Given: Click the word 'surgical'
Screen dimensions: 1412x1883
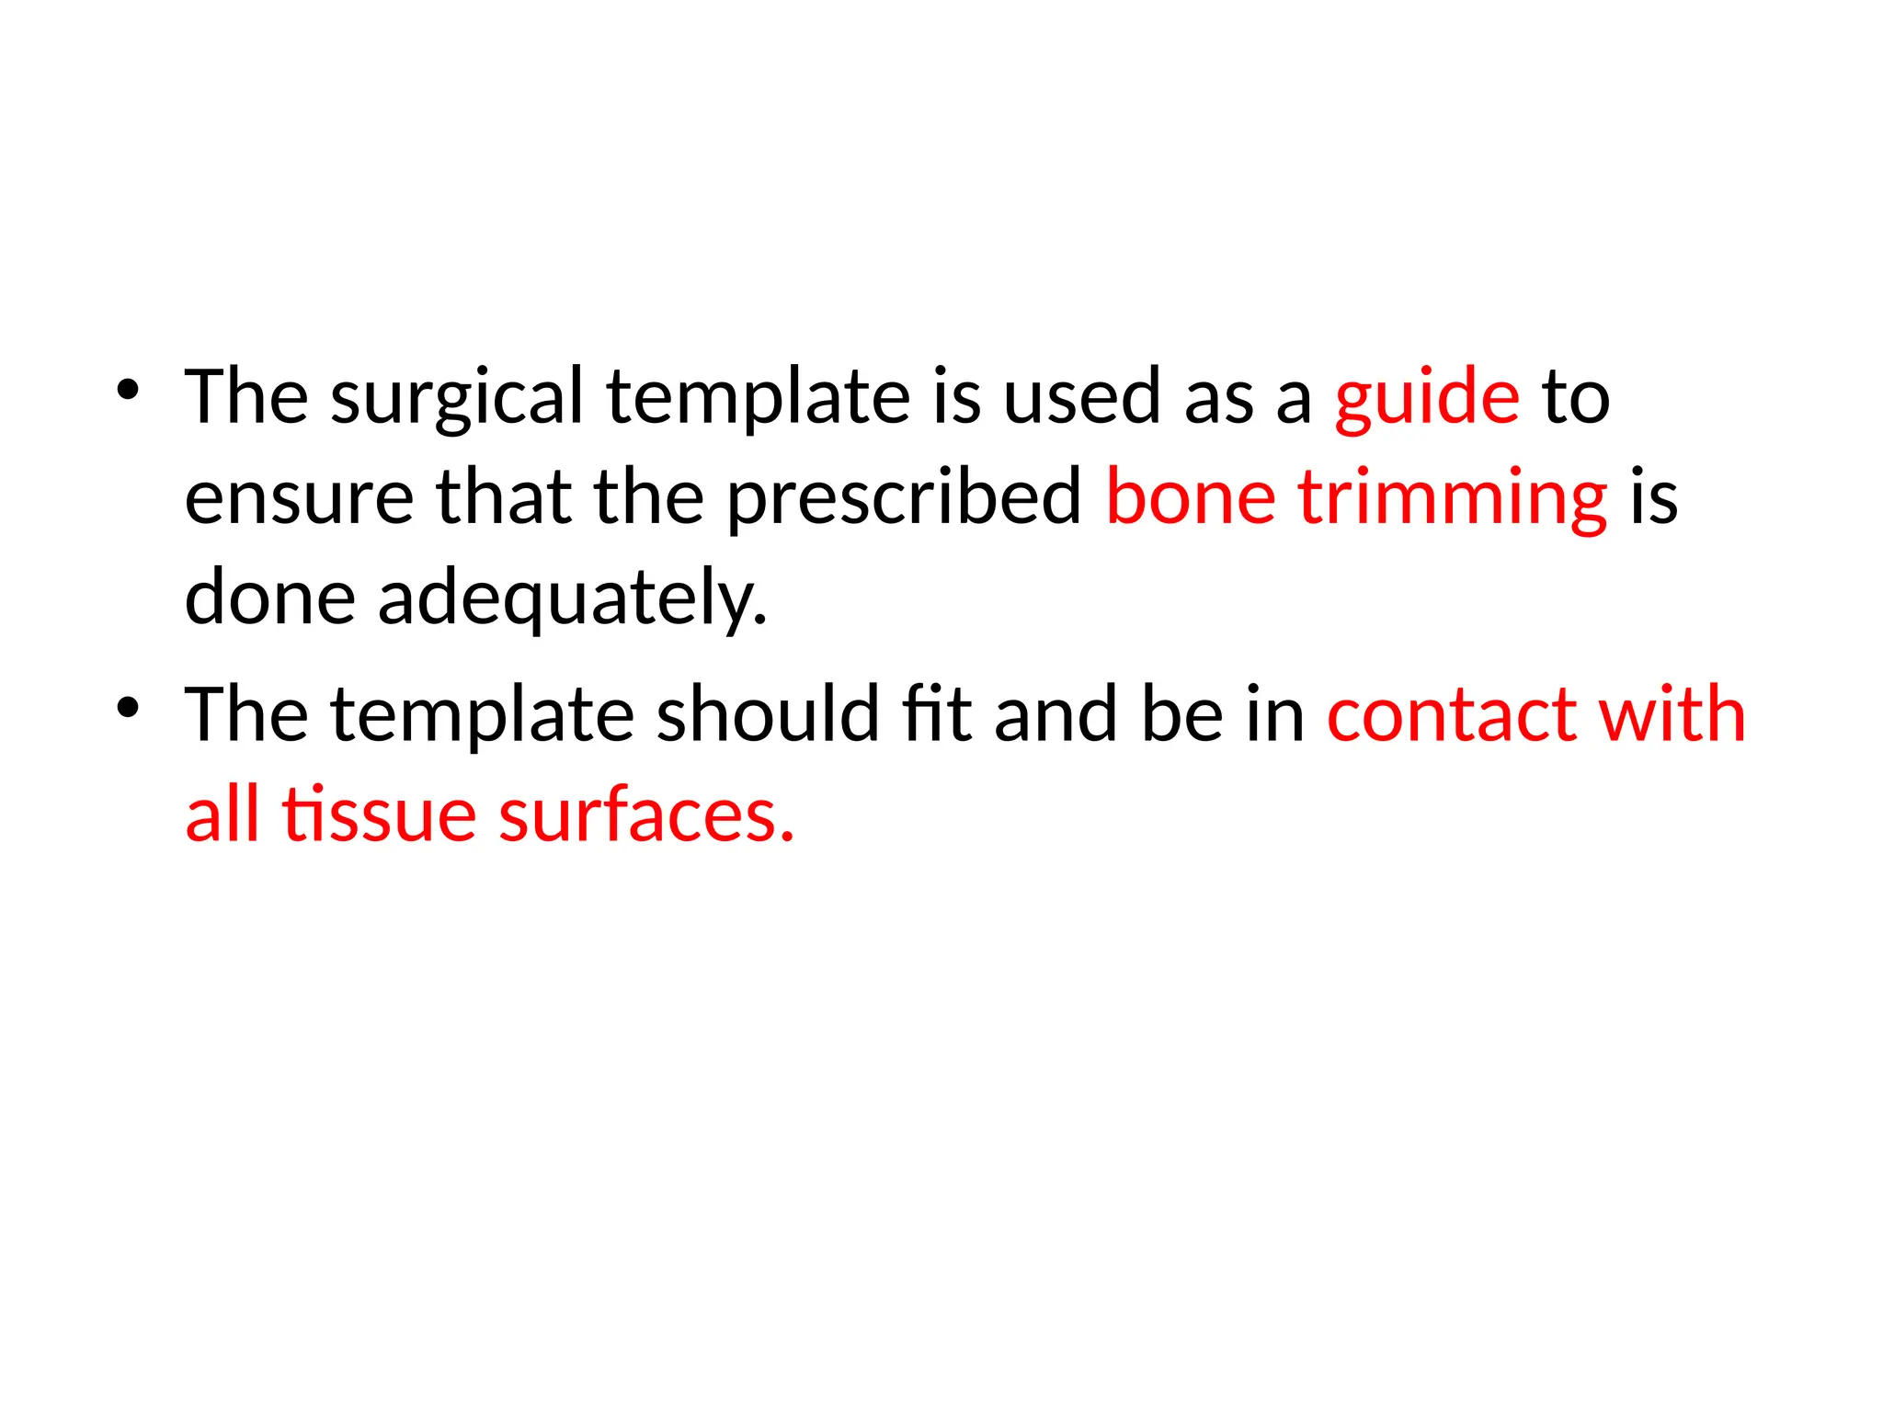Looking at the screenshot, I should [x=457, y=400].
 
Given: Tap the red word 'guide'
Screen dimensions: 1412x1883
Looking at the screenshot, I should [x=1427, y=400].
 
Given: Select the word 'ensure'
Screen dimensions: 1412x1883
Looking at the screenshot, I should [x=299, y=499].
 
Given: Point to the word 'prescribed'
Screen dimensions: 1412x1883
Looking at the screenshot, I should [x=904, y=499].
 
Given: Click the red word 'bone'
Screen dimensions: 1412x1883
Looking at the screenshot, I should [x=1190, y=497].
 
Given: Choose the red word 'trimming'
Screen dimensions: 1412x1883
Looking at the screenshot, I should [x=1453, y=499].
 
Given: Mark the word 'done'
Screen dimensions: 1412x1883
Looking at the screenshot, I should [x=269, y=598].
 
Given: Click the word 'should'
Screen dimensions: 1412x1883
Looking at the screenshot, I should [x=768, y=714].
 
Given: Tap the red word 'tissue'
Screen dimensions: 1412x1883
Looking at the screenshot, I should [x=379, y=815].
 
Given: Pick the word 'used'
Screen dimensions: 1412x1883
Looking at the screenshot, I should [x=1081, y=400].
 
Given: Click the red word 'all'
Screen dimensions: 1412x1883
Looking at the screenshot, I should [x=222, y=814].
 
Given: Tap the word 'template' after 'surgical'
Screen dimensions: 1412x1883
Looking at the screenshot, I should [x=758, y=400].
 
